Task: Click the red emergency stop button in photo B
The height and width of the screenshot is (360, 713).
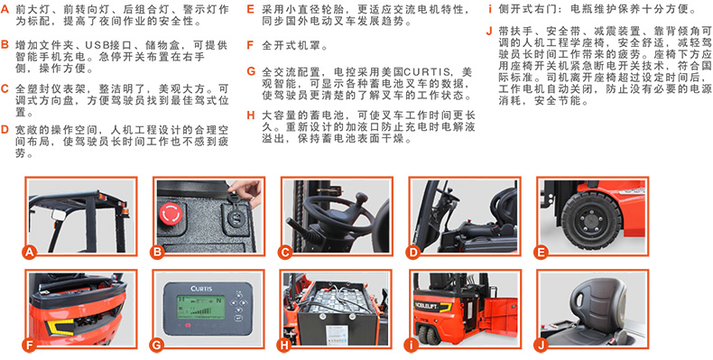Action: pyautogui.click(x=171, y=213)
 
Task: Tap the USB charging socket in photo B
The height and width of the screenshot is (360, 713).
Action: pyautogui.click(x=236, y=213)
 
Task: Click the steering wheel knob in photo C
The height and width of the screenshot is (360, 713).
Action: pyautogui.click(x=361, y=198)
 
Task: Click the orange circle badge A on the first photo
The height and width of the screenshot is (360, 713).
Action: pyautogui.click(x=30, y=252)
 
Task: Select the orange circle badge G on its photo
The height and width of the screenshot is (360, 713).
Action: pyautogui.click(x=157, y=345)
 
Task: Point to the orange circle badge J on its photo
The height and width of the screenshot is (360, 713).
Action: pyautogui.click(x=541, y=345)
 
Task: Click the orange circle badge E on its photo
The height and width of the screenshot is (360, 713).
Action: pyautogui.click(x=541, y=252)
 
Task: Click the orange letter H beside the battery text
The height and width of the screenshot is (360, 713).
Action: pyautogui.click(x=251, y=115)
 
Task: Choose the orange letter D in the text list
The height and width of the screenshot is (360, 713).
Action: pyautogui.click(x=5, y=130)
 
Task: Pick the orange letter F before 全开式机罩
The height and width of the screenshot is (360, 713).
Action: pyautogui.click(x=250, y=45)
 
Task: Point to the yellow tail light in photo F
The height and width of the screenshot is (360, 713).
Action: pyautogui.click(x=57, y=327)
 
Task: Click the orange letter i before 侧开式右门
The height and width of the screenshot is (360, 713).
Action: pyautogui.click(x=490, y=9)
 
